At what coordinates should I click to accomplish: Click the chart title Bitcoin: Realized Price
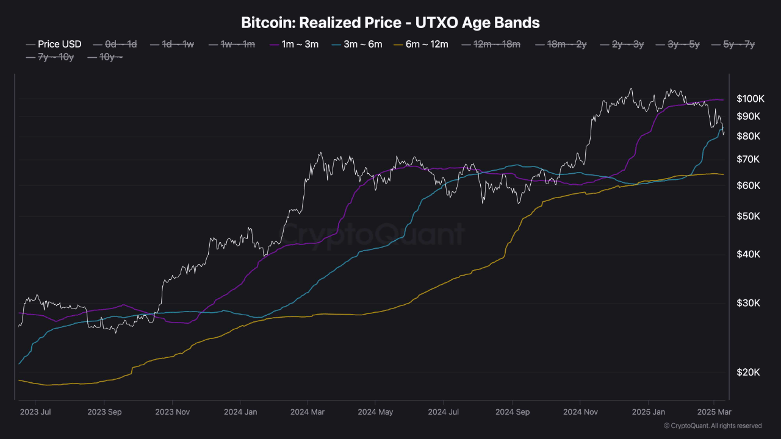point(390,23)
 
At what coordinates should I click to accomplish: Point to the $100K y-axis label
point(750,99)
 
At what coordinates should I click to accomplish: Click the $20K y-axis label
point(749,373)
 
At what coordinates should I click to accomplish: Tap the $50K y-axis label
point(749,216)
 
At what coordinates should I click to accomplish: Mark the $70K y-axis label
point(749,160)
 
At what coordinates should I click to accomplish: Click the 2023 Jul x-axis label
point(36,412)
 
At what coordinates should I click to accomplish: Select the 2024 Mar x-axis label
point(309,412)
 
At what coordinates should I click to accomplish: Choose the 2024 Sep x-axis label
point(513,412)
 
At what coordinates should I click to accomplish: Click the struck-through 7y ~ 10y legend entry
point(51,57)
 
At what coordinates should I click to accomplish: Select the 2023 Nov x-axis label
point(172,412)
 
